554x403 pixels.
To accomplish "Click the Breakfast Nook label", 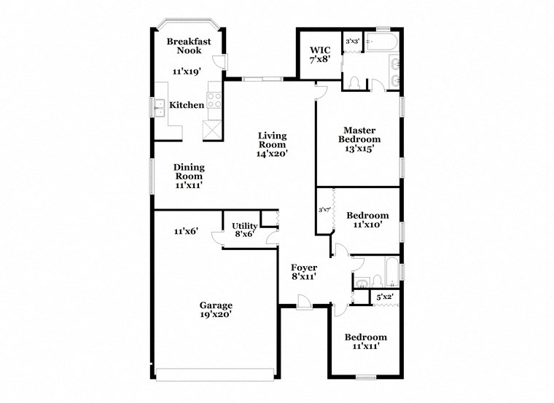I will (x=188, y=46).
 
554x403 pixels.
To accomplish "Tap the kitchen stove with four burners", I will (x=214, y=99).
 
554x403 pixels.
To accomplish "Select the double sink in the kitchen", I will (x=158, y=107).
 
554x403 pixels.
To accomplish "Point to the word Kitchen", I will (x=187, y=106).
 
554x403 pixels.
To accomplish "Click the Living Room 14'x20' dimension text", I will (x=272, y=154).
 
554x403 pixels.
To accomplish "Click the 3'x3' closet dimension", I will (x=353, y=42).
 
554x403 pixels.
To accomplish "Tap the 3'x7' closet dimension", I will (x=324, y=210).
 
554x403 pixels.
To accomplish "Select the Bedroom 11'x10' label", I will (x=367, y=220).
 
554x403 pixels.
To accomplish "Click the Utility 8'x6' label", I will (x=244, y=230).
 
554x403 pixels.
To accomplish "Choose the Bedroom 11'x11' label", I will (x=366, y=342).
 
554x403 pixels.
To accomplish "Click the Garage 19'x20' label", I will (x=216, y=310).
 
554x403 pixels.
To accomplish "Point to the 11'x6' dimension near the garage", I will (x=186, y=231).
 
